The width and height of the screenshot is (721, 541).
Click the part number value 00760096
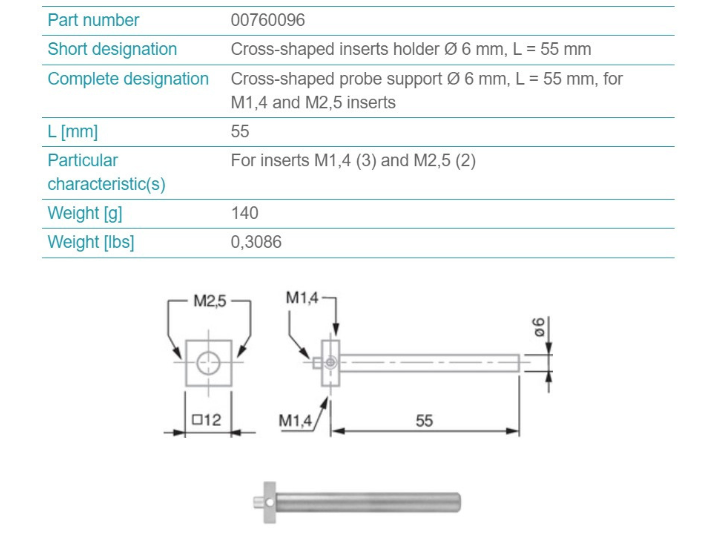[268, 20]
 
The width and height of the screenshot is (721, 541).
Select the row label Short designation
[112, 49]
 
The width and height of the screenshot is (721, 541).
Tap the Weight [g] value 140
[244, 213]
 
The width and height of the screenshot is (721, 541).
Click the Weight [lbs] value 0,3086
[256, 242]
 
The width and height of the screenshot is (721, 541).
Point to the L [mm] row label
[72, 131]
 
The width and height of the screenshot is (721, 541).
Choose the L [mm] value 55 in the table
[240, 131]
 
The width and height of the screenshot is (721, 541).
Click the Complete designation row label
[128, 79]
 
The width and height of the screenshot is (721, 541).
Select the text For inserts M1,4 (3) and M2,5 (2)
[353, 160]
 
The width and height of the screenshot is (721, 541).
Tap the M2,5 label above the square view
[209, 301]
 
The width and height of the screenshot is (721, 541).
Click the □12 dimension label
[207, 420]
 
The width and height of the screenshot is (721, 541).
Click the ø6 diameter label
[539, 327]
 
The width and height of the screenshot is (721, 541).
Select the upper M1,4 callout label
[301, 298]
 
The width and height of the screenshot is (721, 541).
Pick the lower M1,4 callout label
[295, 421]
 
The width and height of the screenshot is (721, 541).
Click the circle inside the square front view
[208, 363]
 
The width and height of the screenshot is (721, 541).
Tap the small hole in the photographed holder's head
[270, 503]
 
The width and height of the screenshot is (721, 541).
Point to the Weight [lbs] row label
[91, 242]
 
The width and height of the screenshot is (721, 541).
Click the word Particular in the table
[82, 160]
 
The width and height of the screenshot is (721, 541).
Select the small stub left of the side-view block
[317, 363]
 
